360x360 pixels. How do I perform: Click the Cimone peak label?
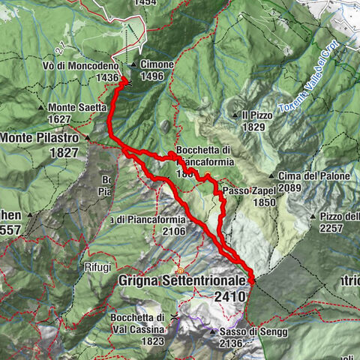pyautogui.click(x=157, y=64)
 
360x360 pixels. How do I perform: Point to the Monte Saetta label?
pyautogui.click(x=77, y=107)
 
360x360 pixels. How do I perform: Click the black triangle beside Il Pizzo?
pyautogui.click(x=235, y=115)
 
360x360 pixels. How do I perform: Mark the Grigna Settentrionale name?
pyautogui.click(x=182, y=280)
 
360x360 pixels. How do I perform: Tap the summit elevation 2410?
pyautogui.click(x=229, y=297)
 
